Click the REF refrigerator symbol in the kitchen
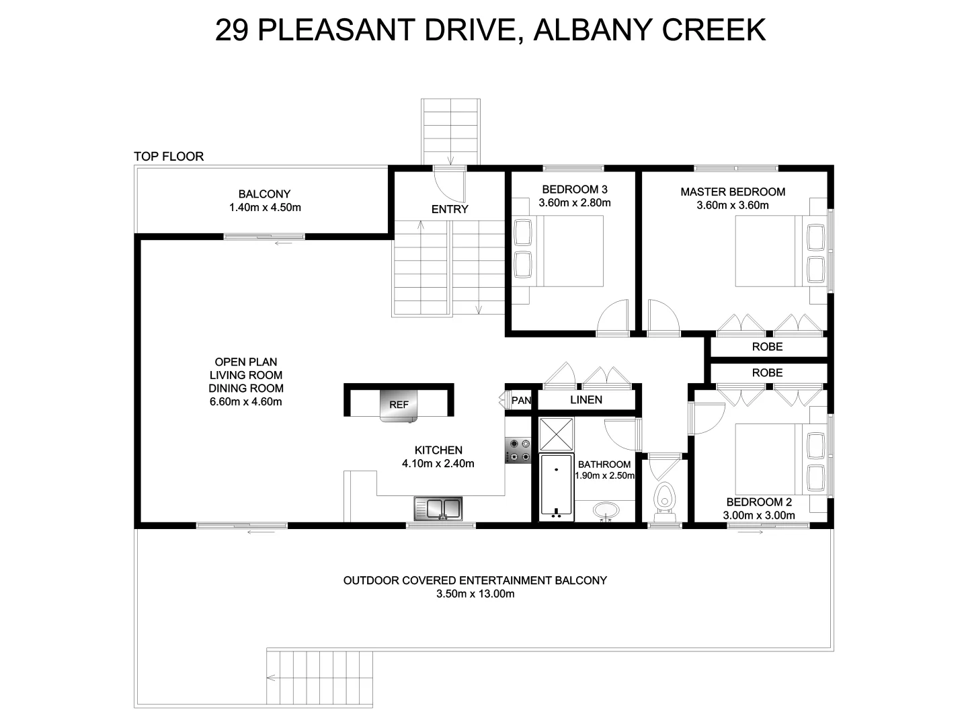[x=399, y=405]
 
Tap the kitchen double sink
[x=439, y=508]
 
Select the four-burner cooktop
[x=518, y=450]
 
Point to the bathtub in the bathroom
[x=556, y=487]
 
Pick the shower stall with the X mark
[x=556, y=434]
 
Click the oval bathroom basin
[x=606, y=511]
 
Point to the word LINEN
[x=586, y=400]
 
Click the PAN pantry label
[x=520, y=401]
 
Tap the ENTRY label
[x=450, y=209]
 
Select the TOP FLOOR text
[x=169, y=157]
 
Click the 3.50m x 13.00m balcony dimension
[x=475, y=594]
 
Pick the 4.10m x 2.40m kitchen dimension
[x=438, y=463]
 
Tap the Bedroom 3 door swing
[x=612, y=318]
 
